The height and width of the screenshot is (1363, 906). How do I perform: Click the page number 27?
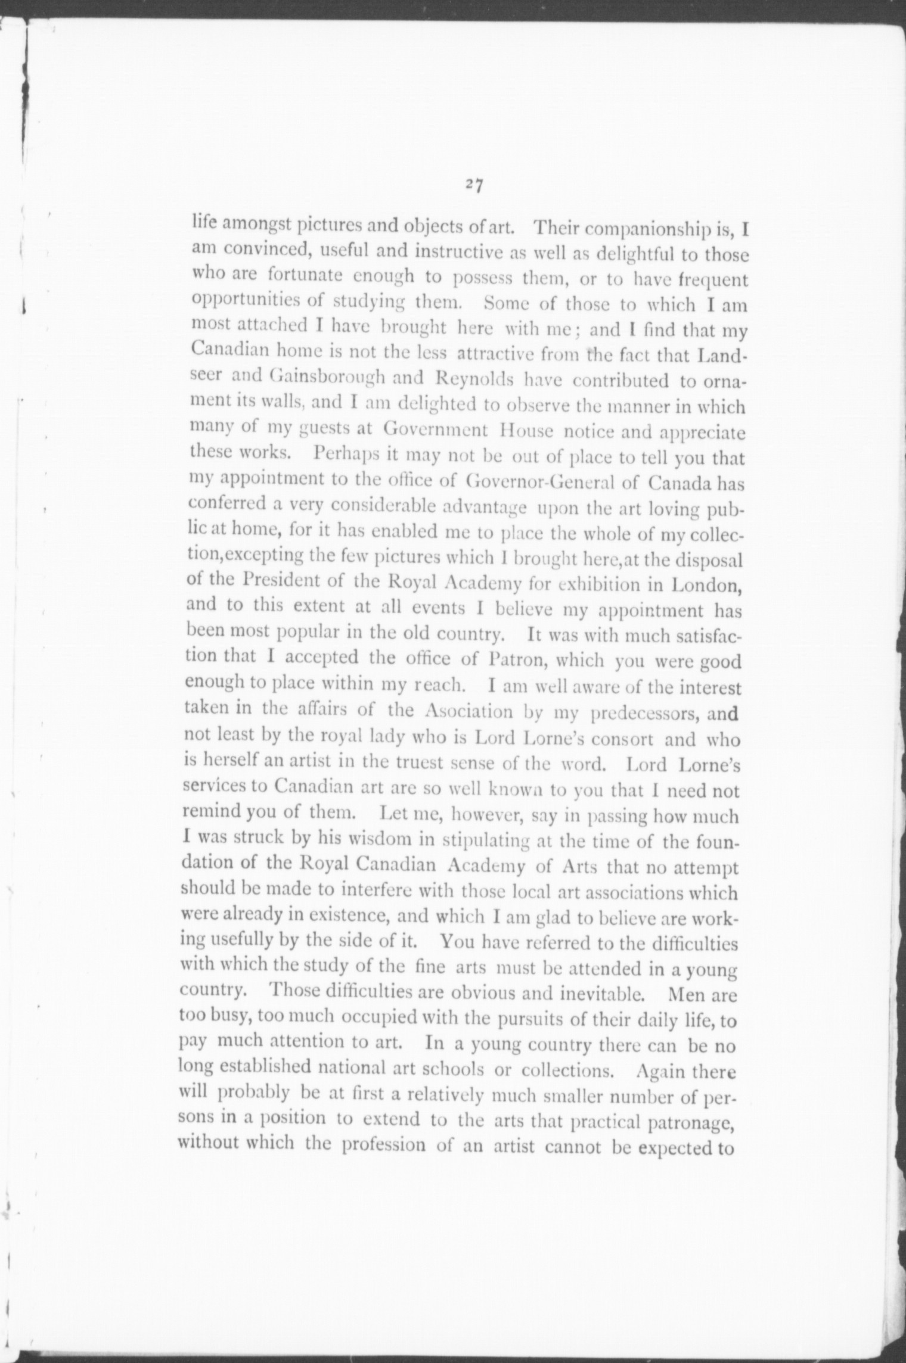(x=474, y=185)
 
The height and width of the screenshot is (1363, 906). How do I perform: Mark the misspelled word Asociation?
(x=469, y=712)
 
